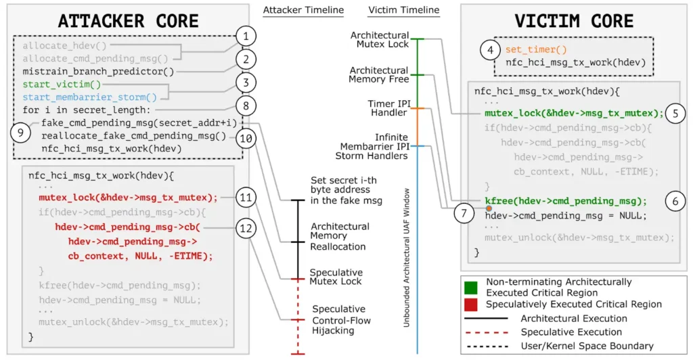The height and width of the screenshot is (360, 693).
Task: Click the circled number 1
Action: [x=246, y=37]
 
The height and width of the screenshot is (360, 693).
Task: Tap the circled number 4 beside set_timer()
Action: [x=490, y=50]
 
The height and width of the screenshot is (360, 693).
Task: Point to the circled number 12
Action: [x=246, y=228]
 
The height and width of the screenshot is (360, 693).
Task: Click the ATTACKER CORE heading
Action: [x=129, y=21]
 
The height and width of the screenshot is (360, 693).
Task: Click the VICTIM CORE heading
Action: [x=574, y=21]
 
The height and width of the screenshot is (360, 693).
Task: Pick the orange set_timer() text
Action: [x=536, y=49]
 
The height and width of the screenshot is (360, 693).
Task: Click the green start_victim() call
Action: [x=62, y=84]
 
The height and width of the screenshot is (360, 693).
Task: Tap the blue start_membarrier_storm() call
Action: [x=90, y=97]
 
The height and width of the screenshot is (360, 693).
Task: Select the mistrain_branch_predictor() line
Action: [x=98, y=71]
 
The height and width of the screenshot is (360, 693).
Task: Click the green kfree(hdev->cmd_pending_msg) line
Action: [x=566, y=201]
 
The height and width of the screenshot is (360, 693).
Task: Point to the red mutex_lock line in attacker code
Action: [x=128, y=198]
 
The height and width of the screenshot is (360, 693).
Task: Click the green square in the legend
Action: [x=471, y=288]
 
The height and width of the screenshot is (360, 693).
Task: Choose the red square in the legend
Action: [x=471, y=305]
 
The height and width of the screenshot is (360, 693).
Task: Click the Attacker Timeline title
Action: [x=303, y=9]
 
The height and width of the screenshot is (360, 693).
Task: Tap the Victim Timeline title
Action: [x=403, y=9]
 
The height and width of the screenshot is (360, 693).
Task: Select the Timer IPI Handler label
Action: [x=388, y=108]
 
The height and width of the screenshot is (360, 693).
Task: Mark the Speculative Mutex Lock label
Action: [x=336, y=277]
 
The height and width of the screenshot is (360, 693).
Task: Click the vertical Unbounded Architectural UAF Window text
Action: [x=406, y=258]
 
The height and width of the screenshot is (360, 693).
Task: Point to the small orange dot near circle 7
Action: [x=489, y=208]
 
